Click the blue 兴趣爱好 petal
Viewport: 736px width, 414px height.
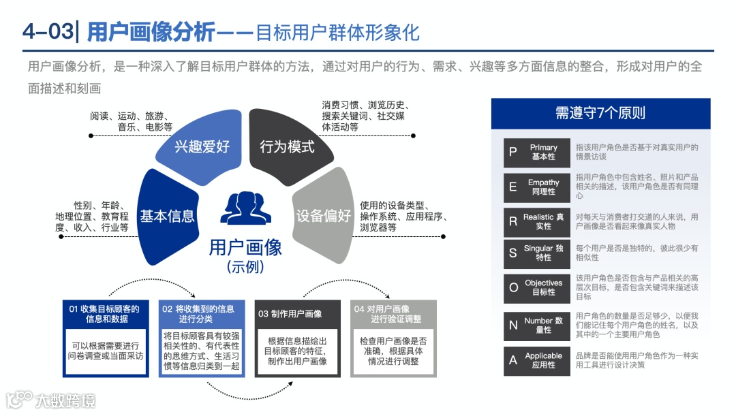[x=202, y=145]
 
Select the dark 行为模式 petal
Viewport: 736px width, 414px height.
[x=288, y=145]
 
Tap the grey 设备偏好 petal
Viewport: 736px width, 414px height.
[x=322, y=215]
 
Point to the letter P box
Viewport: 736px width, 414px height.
[x=512, y=153]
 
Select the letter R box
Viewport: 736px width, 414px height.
[x=512, y=221]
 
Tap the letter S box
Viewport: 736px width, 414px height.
[x=512, y=253]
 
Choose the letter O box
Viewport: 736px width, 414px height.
[x=512, y=287]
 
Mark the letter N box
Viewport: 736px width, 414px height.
[x=512, y=325]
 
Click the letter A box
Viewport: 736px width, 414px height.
[x=512, y=360]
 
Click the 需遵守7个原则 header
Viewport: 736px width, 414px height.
[x=600, y=113]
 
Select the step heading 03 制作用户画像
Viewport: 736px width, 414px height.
[x=297, y=313]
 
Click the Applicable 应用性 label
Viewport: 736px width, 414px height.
[x=543, y=360]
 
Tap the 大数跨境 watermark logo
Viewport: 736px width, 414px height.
[x=50, y=399]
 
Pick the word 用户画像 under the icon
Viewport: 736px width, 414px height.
[x=245, y=246]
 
